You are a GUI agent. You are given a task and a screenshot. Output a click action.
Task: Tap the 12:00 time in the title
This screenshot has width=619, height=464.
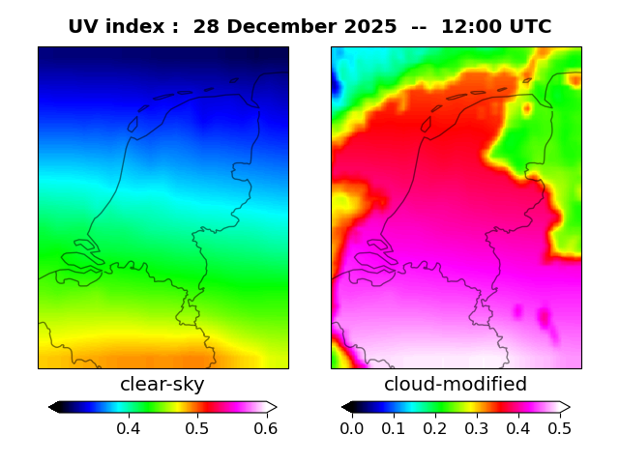470,27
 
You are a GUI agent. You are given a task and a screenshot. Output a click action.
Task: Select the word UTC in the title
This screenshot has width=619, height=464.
527,27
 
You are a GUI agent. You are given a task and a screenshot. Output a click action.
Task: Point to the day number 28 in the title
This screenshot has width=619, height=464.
206,27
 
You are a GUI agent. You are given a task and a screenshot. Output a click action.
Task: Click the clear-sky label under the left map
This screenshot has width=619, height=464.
162,385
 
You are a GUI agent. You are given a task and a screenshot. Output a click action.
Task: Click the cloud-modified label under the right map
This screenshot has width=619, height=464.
456,385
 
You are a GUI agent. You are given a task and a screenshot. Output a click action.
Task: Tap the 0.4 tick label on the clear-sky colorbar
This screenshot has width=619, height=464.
128,428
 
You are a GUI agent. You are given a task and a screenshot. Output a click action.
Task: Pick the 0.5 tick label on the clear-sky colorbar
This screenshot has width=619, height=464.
197,428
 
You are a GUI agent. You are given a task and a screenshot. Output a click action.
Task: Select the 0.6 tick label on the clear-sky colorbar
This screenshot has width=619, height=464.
266,428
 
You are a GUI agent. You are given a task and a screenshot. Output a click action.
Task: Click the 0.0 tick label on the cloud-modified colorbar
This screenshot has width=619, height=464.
352,428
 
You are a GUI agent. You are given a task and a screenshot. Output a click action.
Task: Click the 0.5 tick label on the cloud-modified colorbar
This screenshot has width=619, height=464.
559,428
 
